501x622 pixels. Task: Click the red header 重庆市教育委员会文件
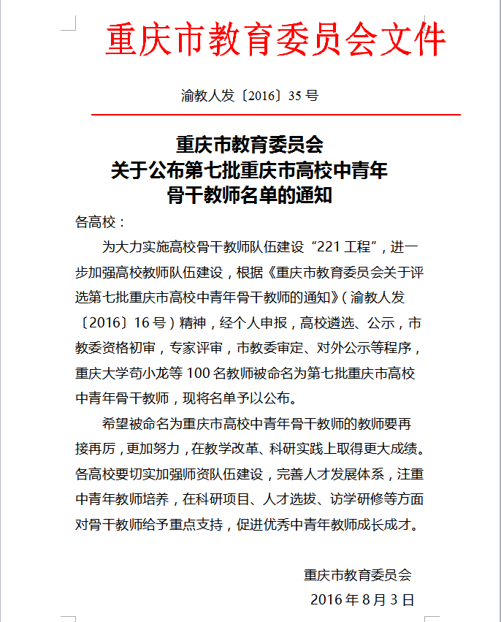point(275,40)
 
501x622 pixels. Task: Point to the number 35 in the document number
point(295,96)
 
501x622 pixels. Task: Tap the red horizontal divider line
point(275,115)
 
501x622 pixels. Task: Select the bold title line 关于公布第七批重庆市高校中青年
point(249,171)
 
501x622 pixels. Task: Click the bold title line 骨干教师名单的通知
point(249,195)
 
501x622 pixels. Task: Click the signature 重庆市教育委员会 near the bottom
point(358,575)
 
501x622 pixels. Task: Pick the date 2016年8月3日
point(362,600)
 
